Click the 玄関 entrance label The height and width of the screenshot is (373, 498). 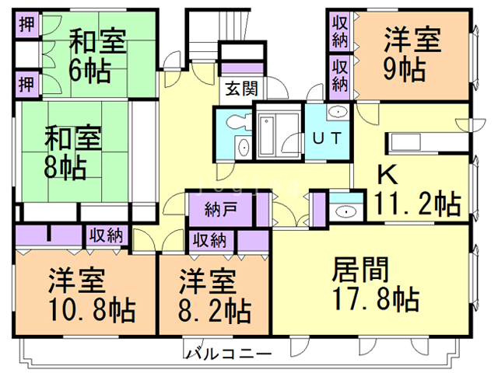(240, 88)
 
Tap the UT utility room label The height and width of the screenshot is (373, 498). (327, 140)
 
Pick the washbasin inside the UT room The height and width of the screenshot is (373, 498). (338, 113)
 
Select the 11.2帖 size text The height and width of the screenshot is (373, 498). (416, 205)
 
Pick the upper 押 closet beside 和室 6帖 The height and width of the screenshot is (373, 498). (26, 21)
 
